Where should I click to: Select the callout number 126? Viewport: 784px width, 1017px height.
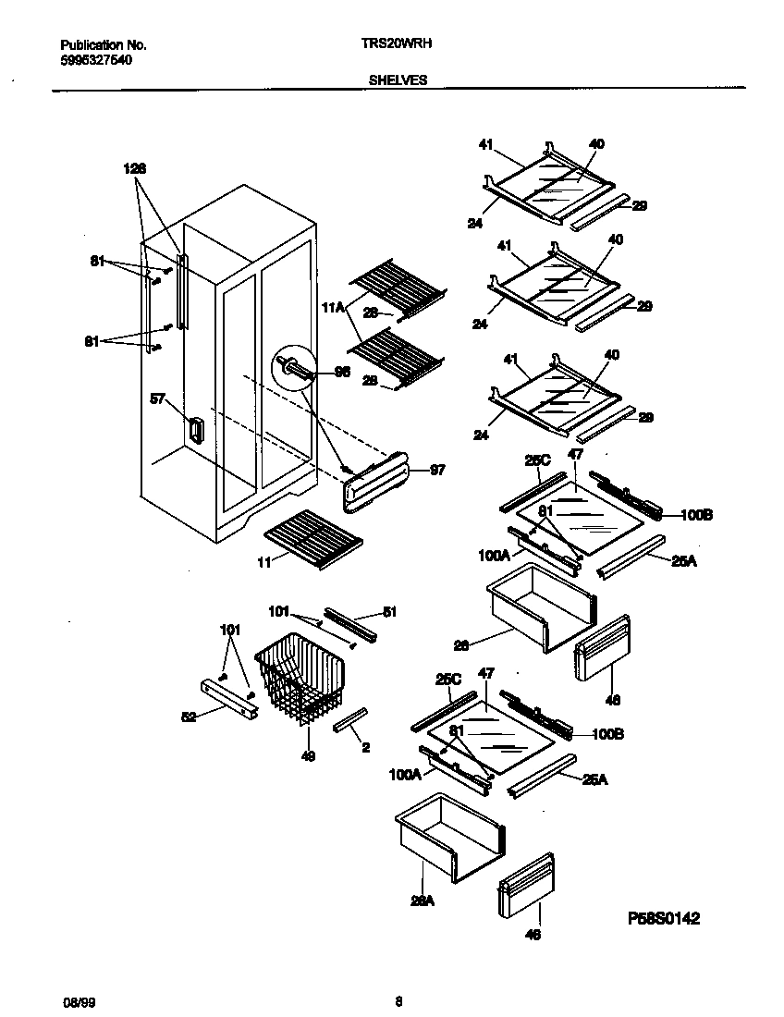click(135, 169)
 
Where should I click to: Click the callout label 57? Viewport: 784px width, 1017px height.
click(158, 399)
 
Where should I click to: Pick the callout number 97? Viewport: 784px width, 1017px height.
click(437, 470)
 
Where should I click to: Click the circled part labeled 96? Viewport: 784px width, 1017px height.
click(289, 368)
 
